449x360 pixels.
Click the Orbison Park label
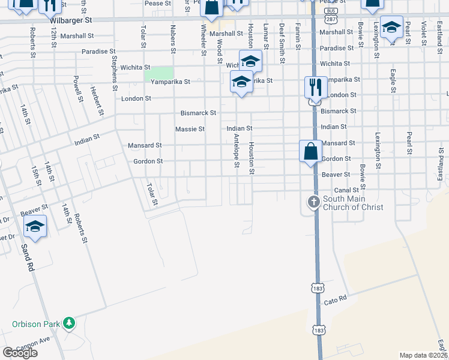tap(36, 324)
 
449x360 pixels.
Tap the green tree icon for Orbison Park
tap(70, 324)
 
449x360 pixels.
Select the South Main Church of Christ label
tap(352, 203)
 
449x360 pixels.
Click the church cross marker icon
tap(313, 202)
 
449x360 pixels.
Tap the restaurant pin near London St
tap(315, 88)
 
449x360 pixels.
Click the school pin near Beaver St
tap(35, 226)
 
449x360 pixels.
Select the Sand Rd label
tap(27, 257)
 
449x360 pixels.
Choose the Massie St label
tap(190, 129)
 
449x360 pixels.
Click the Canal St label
tap(346, 190)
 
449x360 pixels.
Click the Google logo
tap(20, 353)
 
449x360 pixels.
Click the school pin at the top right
tap(391, 28)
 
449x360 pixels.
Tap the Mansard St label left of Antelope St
tap(145, 145)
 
